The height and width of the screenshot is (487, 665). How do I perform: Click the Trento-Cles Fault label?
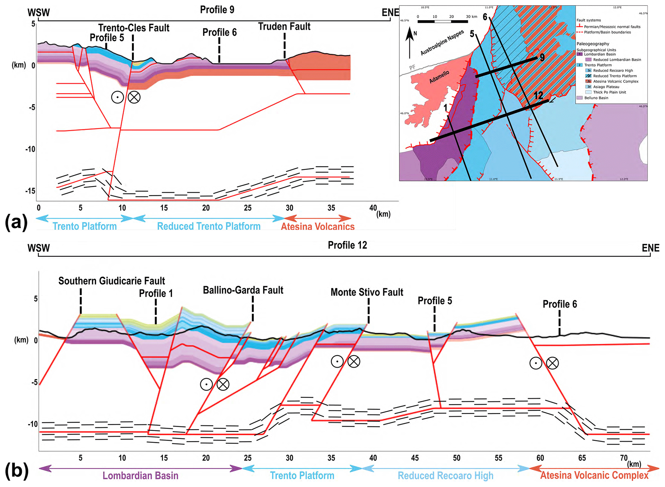(134, 28)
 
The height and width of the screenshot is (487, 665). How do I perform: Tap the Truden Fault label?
(284, 26)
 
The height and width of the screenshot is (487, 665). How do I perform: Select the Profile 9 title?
(217, 10)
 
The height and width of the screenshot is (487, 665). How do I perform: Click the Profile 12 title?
(347, 245)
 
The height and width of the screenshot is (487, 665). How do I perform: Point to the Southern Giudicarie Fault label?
(111, 281)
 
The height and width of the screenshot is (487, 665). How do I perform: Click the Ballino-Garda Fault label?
(243, 290)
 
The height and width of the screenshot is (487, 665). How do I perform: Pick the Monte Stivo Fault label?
(367, 292)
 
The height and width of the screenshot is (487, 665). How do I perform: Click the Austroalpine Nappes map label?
(442, 42)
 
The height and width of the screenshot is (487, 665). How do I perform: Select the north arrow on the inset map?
(410, 42)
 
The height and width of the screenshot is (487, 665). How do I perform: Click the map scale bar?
(442, 22)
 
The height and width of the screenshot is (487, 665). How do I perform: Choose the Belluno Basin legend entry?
(596, 98)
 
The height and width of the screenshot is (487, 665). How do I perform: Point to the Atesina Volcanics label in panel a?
(318, 226)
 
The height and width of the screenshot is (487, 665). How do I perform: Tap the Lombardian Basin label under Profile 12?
(140, 475)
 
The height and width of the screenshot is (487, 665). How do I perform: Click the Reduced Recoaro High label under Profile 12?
(445, 475)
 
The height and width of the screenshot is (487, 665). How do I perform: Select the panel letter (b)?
(16, 471)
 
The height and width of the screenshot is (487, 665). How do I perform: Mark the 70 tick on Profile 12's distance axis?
(623, 458)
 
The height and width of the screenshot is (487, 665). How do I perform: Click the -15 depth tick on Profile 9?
(31, 191)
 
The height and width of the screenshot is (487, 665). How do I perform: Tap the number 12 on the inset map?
(538, 95)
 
